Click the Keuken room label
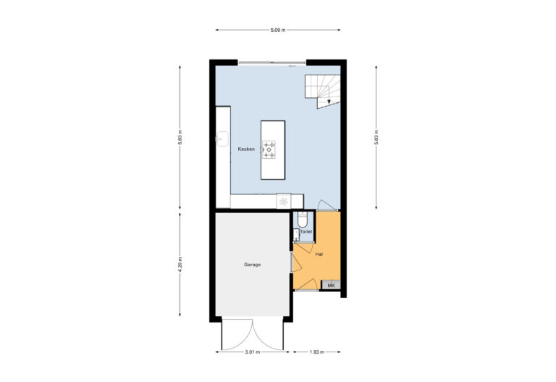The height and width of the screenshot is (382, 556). pos(246,149)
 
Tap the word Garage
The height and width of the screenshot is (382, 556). pos(252,265)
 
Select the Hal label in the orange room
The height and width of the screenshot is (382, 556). pos(319,254)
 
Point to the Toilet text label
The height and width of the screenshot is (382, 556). pos(306,232)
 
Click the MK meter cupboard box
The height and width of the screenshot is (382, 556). pos(331,286)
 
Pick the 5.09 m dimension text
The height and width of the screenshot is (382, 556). pos(278,30)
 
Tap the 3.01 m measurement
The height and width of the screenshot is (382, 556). pos(252,352)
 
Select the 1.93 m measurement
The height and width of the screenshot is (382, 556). pos(316,352)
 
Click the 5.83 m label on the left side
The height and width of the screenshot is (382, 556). pos(180,137)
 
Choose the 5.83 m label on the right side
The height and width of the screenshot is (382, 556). pos(376,137)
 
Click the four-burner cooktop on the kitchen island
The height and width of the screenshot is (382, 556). pos(270,150)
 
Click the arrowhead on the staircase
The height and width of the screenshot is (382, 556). pos(329,102)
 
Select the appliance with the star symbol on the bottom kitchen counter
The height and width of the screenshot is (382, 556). pos(284,201)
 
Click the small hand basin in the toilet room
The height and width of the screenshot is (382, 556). pos(296,233)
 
